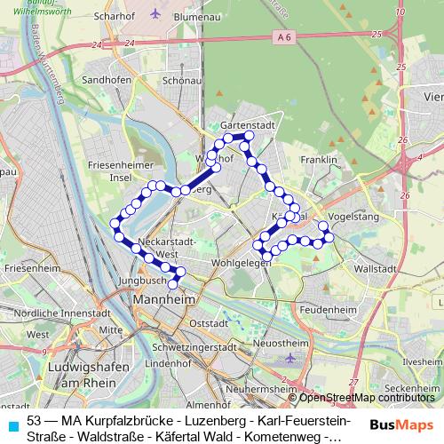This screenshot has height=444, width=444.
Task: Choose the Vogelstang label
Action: pyautogui.click(x=353, y=216)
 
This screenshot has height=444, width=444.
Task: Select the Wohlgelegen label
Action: pyautogui.click(x=241, y=264)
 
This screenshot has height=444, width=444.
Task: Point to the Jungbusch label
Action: pyautogui.click(x=140, y=280)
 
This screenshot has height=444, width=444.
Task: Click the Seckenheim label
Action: pyautogui.click(x=413, y=390)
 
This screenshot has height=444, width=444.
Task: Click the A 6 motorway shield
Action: pyautogui.click(x=282, y=36)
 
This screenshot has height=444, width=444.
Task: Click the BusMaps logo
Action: pyautogui.click(x=396, y=424)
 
